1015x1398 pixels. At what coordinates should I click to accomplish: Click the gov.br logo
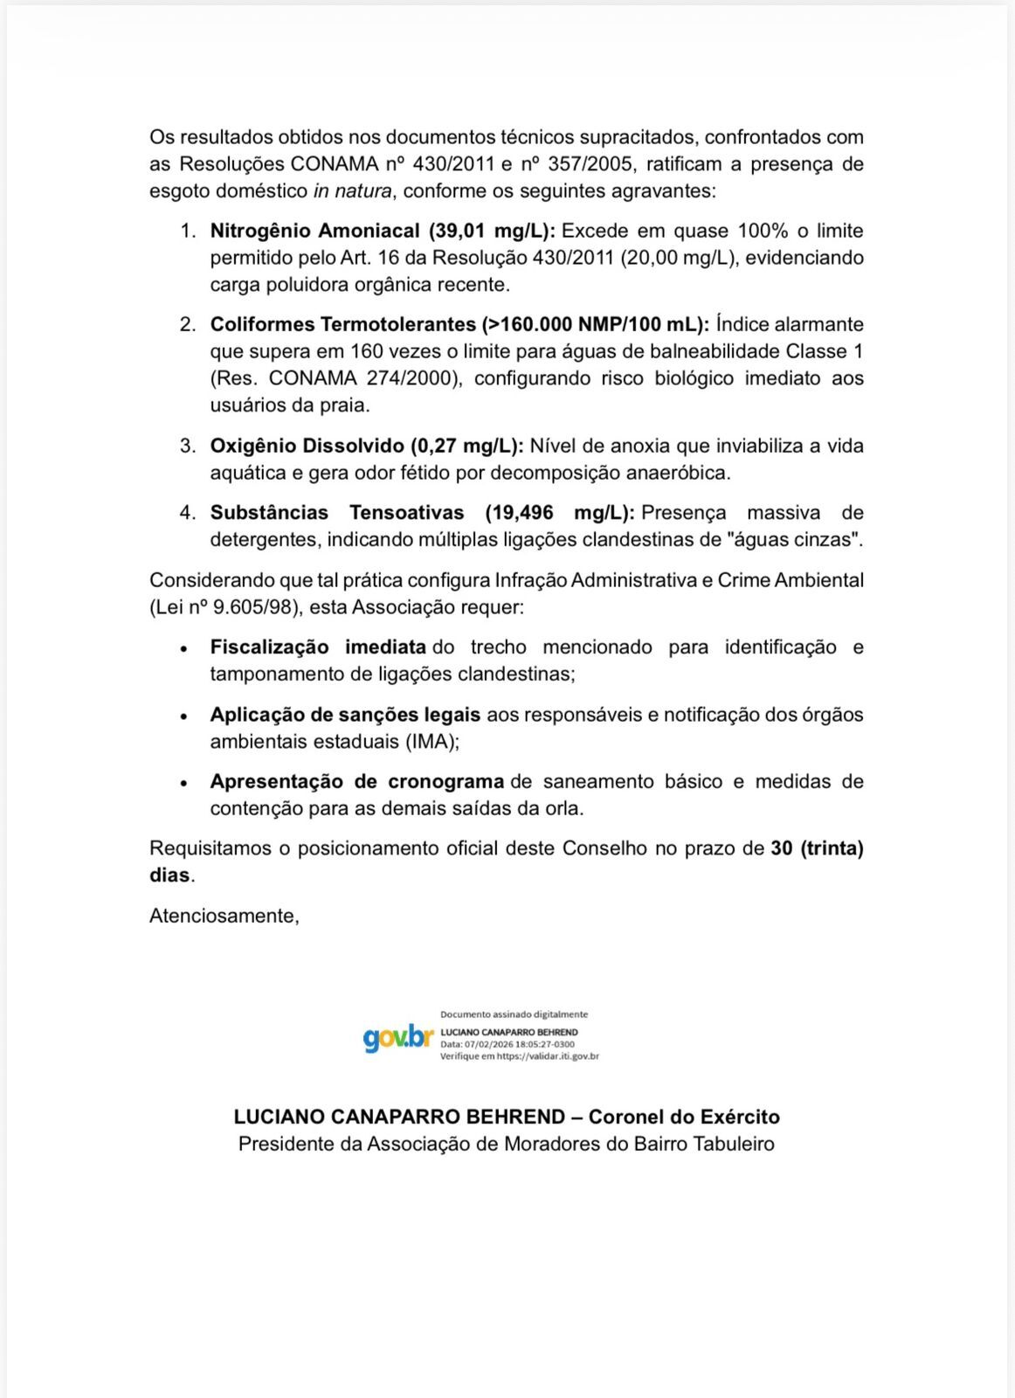[398, 1038]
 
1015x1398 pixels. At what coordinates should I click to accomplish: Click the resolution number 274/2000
[410, 378]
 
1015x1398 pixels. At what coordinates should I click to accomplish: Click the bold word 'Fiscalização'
[269, 647]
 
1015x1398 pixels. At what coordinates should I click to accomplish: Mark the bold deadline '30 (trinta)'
[817, 848]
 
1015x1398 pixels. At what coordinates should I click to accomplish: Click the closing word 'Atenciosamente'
[224, 916]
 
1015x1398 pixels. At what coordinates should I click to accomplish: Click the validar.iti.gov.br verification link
[548, 1056]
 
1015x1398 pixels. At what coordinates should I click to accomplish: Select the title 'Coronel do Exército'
[684, 1117]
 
